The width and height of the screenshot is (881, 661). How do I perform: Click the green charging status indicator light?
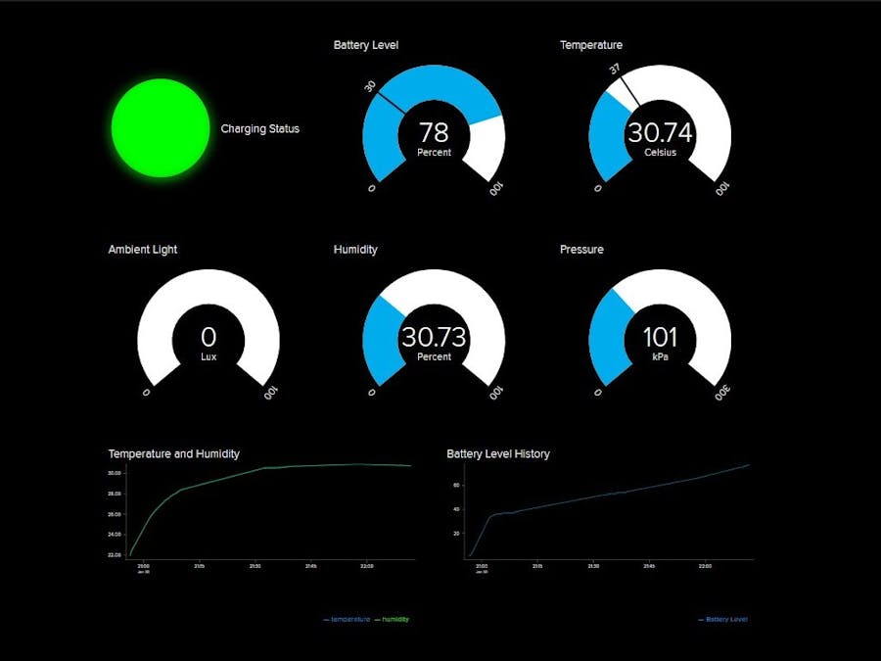click(161, 128)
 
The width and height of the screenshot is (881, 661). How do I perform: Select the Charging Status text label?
click(259, 128)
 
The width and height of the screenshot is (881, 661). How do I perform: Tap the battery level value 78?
click(434, 132)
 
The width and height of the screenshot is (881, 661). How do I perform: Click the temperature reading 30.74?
click(660, 132)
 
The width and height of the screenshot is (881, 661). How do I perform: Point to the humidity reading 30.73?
click(434, 337)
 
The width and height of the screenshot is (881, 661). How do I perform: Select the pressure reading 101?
click(660, 337)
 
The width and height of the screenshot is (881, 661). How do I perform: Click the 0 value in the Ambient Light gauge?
click(209, 337)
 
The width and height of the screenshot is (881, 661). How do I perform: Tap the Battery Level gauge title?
click(365, 45)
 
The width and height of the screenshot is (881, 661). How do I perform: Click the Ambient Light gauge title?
click(143, 250)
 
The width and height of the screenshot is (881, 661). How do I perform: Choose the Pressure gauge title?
click(581, 250)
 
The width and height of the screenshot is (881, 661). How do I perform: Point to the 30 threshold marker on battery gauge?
click(371, 86)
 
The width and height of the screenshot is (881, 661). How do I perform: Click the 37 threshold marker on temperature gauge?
click(615, 70)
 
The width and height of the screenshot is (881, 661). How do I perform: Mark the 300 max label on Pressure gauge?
click(721, 393)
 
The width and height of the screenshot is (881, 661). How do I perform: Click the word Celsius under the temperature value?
click(660, 153)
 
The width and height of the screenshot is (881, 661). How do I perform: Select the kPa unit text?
click(660, 357)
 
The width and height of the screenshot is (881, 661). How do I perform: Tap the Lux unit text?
click(209, 357)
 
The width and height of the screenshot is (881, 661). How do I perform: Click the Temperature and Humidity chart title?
click(173, 454)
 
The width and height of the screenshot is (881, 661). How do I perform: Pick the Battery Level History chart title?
click(497, 454)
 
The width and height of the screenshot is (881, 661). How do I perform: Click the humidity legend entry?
click(394, 619)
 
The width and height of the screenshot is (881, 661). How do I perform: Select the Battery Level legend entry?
click(726, 619)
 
